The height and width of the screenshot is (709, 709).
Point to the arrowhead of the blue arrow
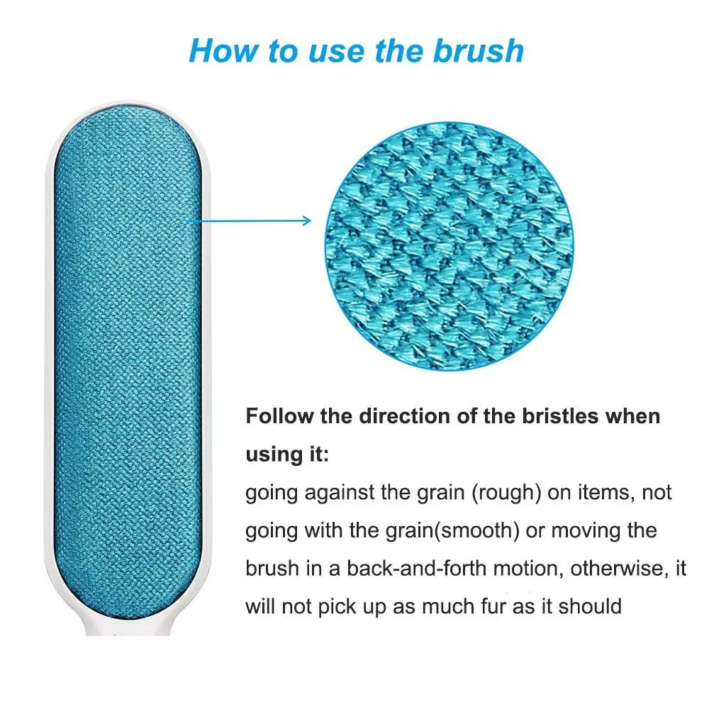click(307, 220)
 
